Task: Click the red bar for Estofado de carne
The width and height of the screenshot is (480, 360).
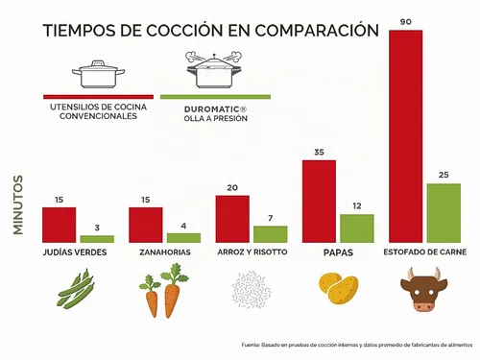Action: click(405, 136)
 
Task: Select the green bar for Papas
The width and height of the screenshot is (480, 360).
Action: click(357, 228)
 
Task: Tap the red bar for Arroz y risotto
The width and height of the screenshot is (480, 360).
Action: click(232, 219)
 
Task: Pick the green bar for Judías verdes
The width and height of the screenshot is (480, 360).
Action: click(97, 239)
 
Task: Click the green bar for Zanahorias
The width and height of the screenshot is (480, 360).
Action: click(183, 238)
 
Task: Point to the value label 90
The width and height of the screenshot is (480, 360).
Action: click(405, 22)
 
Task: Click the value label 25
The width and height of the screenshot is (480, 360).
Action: click(444, 175)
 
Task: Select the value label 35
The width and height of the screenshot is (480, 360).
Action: click(319, 152)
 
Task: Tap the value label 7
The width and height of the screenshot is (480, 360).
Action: click(271, 218)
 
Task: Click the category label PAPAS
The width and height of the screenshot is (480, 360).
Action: click(338, 252)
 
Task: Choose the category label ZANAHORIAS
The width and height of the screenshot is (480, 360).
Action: click(165, 252)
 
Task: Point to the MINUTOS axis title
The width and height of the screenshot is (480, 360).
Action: click(18, 204)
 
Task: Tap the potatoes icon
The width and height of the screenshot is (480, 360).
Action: click(339, 289)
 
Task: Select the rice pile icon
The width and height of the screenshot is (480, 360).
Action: click(252, 289)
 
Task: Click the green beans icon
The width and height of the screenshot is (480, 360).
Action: click(76, 289)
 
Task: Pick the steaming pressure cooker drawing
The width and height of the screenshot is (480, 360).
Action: click(214, 69)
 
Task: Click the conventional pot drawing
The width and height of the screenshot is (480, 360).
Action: click(98, 74)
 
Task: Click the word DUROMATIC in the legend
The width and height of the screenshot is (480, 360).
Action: click(211, 109)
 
